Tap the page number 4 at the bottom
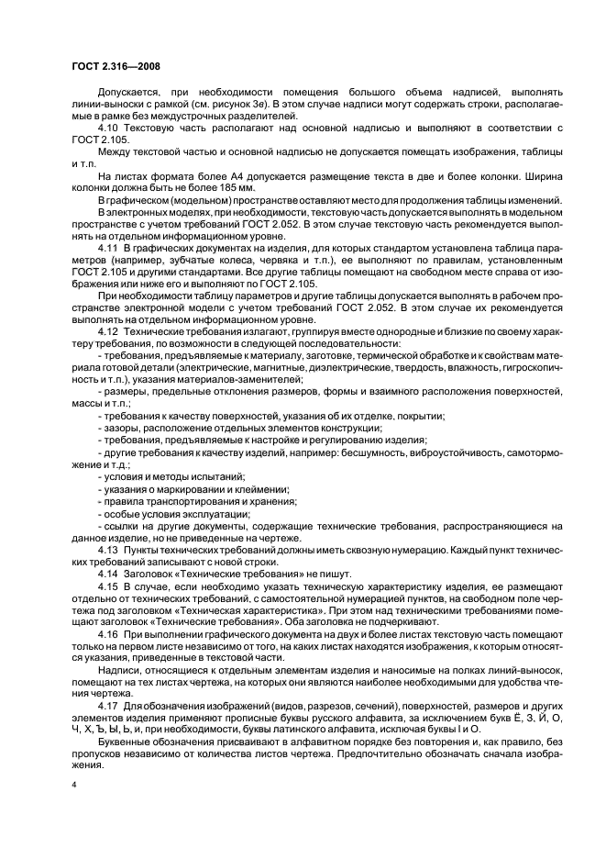pyautogui.click(x=73, y=785)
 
